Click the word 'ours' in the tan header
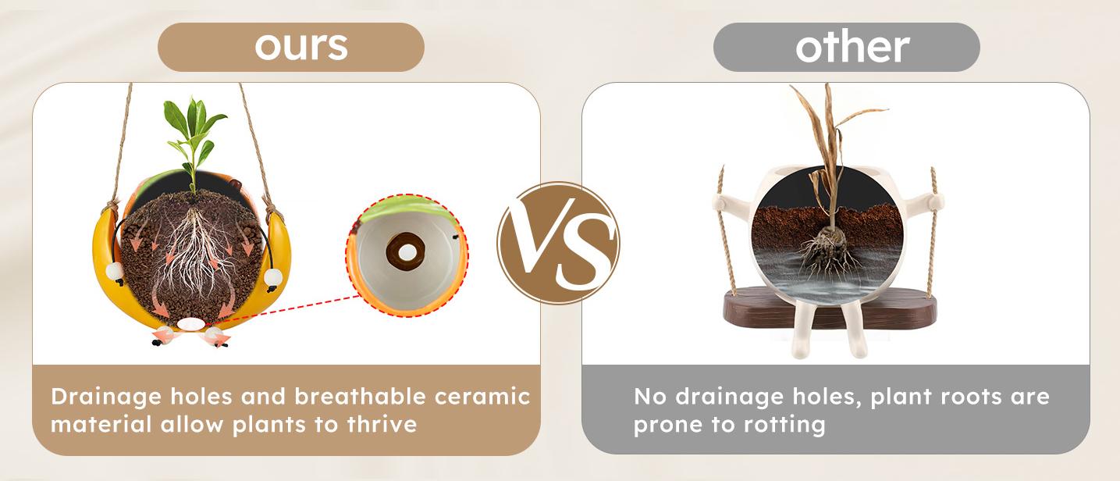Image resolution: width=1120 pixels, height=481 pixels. coord(301,47)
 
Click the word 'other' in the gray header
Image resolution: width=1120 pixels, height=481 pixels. coord(852,47)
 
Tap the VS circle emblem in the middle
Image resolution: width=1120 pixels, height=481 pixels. coord(559,243)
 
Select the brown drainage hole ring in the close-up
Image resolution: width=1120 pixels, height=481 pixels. coord(406,251)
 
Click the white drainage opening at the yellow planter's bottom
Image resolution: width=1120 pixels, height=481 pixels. coord(190,325)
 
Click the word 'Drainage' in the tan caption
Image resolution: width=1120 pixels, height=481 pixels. coord(106,397)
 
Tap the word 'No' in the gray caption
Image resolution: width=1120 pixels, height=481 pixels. coord(650,397)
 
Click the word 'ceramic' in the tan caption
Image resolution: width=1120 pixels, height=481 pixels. coord(482,397)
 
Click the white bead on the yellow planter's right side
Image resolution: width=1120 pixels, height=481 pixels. coord(273,276)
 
